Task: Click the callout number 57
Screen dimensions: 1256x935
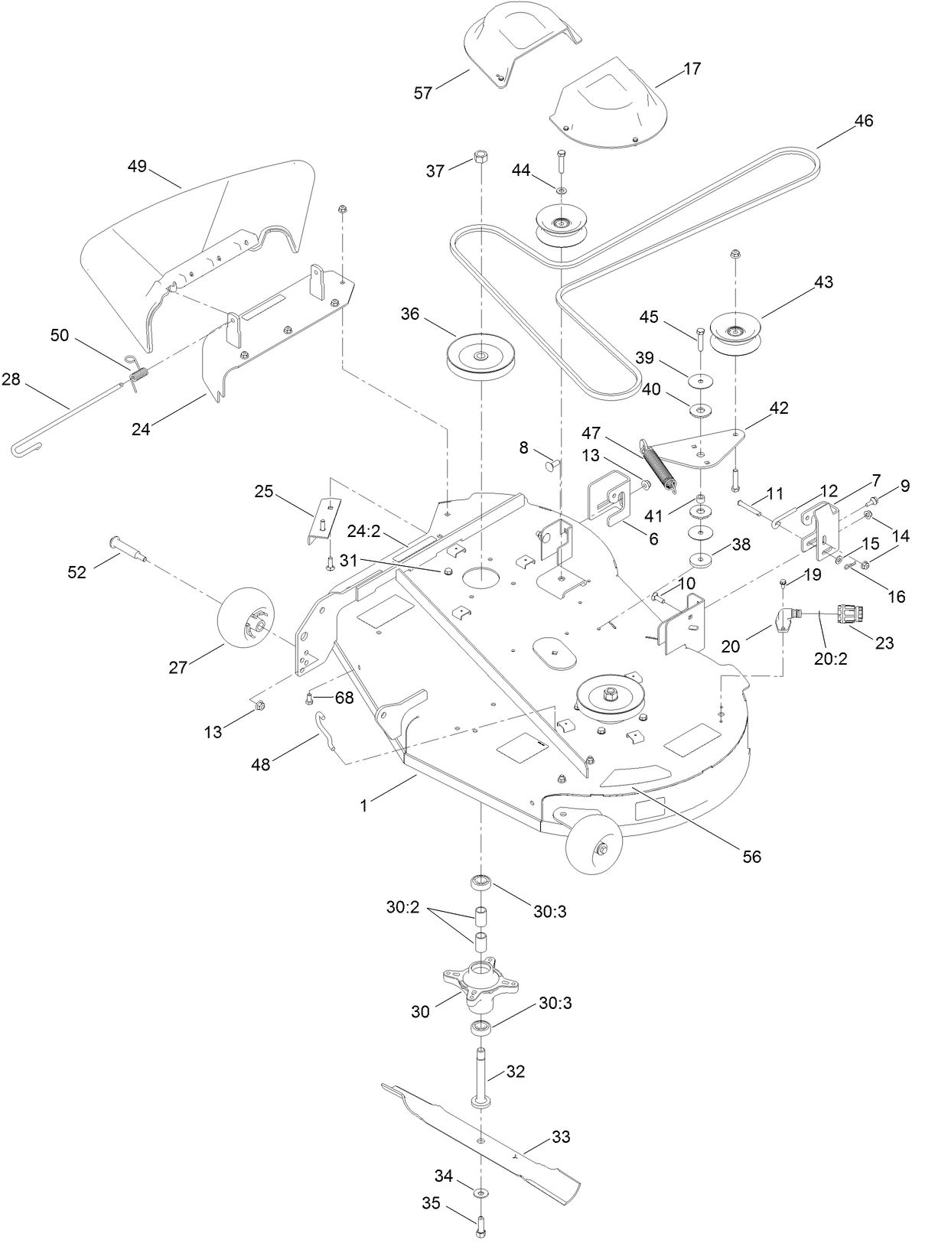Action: coord(422,93)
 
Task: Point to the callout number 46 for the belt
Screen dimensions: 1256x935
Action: coord(863,121)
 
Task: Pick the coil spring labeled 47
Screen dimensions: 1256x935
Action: coord(660,464)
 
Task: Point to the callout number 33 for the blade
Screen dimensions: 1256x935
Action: coord(561,1137)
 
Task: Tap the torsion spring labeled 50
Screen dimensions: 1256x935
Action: coord(138,375)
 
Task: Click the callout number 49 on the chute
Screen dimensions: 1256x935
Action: coord(137,166)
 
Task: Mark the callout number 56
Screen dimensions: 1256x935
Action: coord(752,857)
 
